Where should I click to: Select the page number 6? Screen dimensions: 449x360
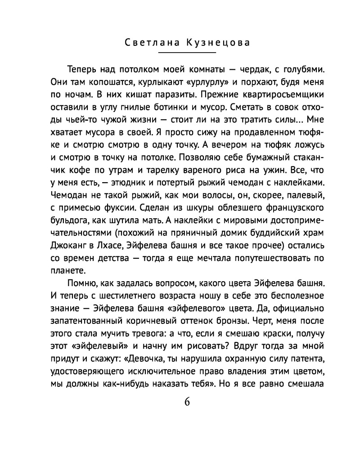[187, 402]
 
